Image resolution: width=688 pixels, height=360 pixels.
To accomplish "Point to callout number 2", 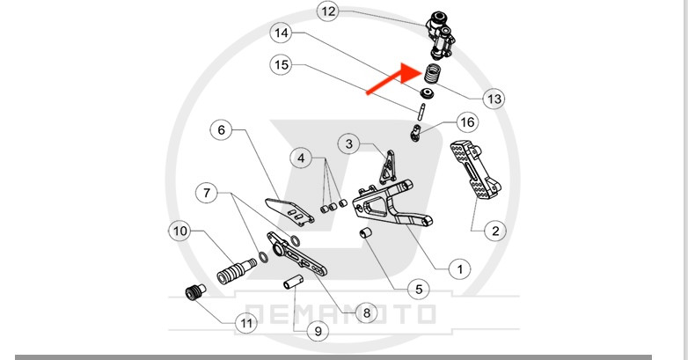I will coord(494,231).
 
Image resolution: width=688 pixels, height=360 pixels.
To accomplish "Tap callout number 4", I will coord(302,159).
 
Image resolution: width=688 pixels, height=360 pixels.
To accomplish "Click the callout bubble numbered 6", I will coord(221,130).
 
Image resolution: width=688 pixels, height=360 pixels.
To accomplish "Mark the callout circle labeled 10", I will coord(179,231).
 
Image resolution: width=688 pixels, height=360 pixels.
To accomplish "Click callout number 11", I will coord(246,324).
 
